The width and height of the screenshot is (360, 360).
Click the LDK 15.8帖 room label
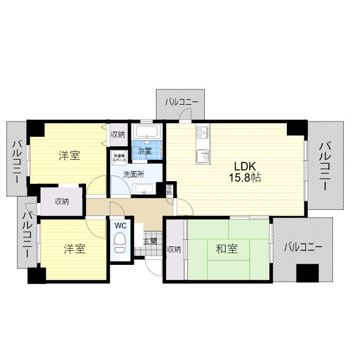coord(246,172)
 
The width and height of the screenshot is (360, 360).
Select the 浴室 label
coord(145,151)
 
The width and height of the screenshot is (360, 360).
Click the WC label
coord(120,226)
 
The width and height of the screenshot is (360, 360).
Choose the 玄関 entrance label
coord(150,241)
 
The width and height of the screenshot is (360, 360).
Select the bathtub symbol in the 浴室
coord(147,133)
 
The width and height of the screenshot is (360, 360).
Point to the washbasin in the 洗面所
coord(145,189)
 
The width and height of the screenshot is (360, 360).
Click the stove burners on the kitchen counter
coord(202,133)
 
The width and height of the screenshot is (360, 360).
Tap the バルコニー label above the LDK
coord(181,102)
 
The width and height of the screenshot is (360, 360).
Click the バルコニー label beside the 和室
coord(303,247)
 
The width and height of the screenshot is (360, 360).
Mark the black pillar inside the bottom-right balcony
coord(308,274)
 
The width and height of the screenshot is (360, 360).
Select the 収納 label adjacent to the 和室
coord(174,249)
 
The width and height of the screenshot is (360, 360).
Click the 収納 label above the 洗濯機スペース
coord(118,134)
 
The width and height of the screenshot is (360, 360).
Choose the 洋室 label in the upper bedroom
coord(69,156)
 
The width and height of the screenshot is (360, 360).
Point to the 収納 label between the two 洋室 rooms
coord(62,201)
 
